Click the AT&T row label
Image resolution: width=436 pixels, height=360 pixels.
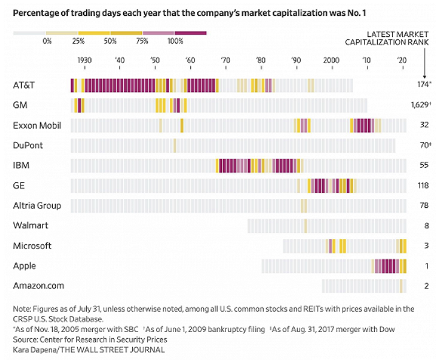[24, 85]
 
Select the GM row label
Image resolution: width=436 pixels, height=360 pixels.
[20, 105]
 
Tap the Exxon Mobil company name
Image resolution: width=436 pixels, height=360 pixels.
[36, 125]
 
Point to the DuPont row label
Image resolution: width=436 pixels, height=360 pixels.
[28, 145]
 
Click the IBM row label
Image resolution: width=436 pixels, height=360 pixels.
[21, 165]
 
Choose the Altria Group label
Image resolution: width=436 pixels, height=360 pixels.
[37, 205]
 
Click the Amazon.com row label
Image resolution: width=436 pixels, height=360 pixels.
[39, 285]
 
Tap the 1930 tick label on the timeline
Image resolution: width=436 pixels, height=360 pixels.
[84, 61]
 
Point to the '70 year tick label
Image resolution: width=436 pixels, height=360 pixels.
[226, 61]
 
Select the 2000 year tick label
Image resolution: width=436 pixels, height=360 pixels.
[331, 61]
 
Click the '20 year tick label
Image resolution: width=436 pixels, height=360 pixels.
[401, 61]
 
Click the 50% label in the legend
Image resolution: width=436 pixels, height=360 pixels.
[111, 41]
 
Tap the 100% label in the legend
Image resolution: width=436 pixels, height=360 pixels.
[175, 41]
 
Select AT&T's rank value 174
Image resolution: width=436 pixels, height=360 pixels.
[420, 85]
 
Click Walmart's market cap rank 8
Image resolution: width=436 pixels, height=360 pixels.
[425, 225]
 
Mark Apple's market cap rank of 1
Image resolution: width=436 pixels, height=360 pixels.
[426, 265]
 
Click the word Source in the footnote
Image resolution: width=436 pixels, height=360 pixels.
[25, 339]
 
